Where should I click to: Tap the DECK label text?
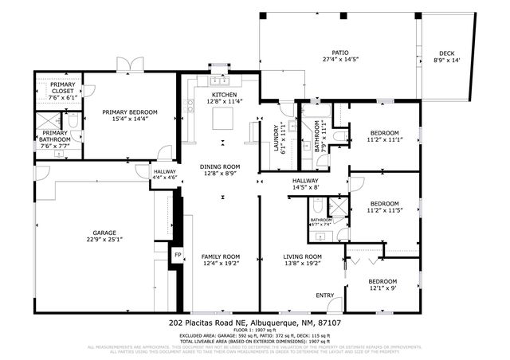pyautogui.click(x=446, y=53)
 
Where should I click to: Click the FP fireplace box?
pyautogui.click(x=178, y=256)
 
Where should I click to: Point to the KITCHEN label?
pyautogui.click(x=224, y=95)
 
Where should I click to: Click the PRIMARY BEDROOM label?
pyautogui.click(x=129, y=112)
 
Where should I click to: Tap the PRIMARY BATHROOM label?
pyautogui.click(x=55, y=136)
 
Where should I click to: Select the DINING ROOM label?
pyautogui.click(x=220, y=166)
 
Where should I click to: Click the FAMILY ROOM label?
pyautogui.click(x=220, y=256)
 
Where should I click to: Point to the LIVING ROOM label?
pyautogui.click(x=303, y=256)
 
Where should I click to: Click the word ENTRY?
pyautogui.click(x=324, y=295)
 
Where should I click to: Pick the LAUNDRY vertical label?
pyautogui.click(x=277, y=137)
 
